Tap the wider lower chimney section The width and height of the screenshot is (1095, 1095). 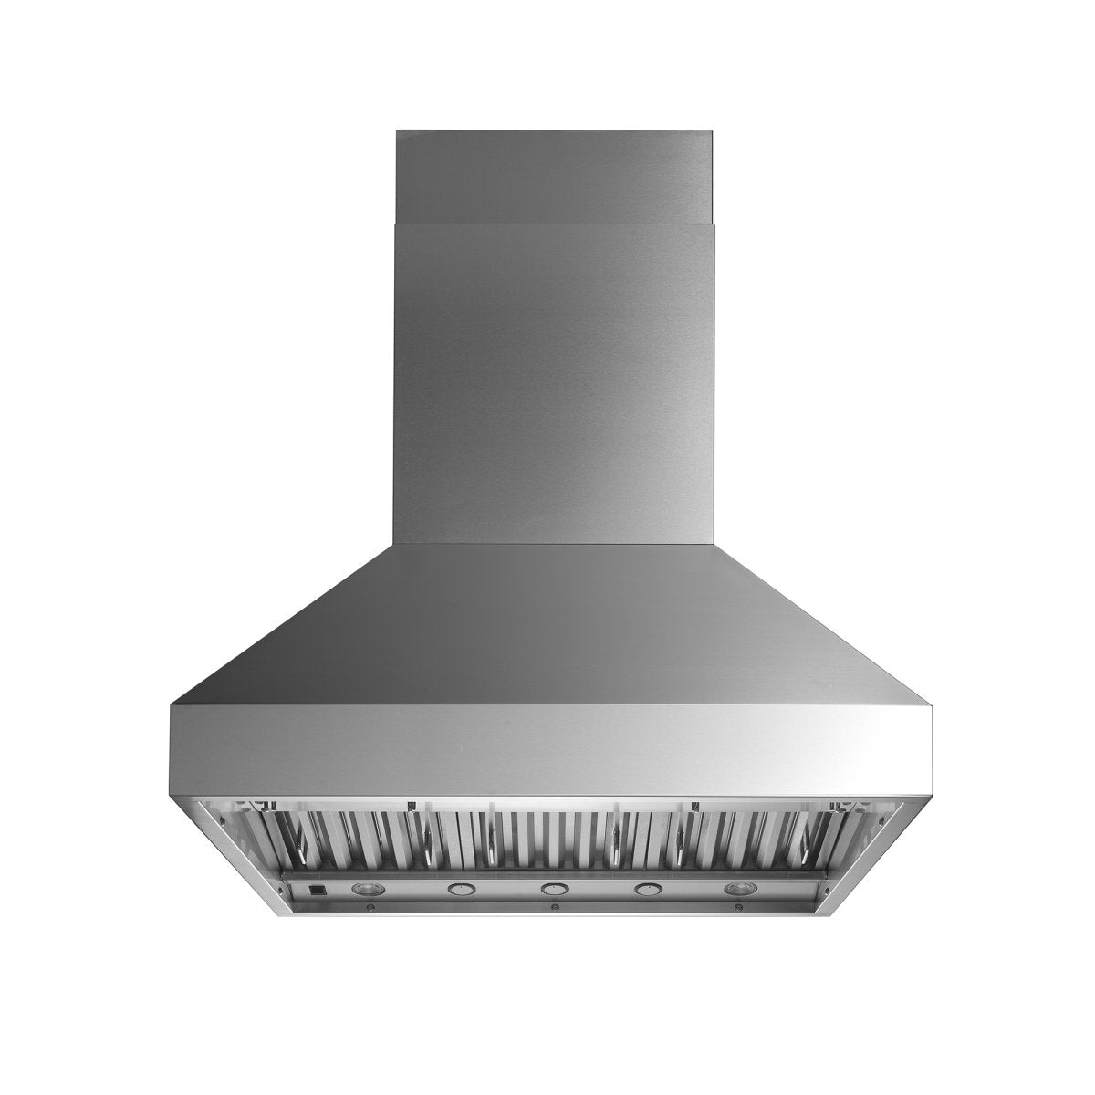[x=553, y=383]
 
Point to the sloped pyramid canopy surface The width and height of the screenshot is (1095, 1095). [x=551, y=630]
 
